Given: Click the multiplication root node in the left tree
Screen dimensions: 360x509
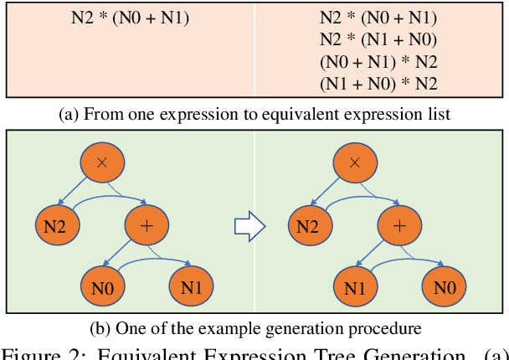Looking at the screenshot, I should point(102,162).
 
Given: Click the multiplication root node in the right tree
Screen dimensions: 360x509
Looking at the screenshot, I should point(356,162).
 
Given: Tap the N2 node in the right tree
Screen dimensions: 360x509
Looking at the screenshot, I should point(309,225).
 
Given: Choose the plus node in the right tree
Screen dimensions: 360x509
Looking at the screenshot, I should point(401,225).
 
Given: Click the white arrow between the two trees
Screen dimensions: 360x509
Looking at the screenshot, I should point(248,225).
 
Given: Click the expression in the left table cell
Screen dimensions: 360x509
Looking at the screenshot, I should point(130,18).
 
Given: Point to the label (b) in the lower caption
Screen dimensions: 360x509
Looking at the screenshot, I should point(100,327).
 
